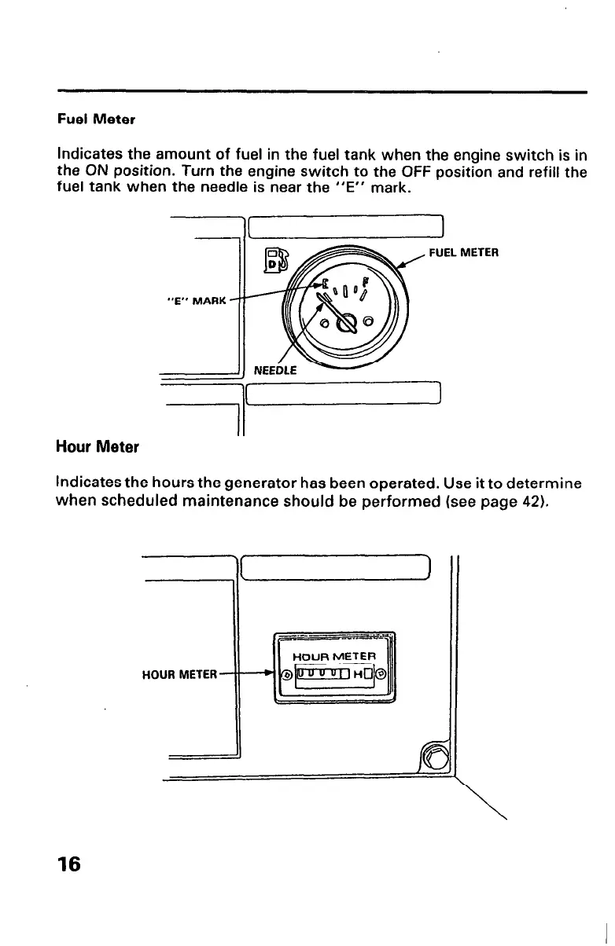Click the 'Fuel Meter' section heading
[x=96, y=119]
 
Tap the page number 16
[x=68, y=864]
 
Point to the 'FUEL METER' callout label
[x=464, y=253]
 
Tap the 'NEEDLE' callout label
[x=275, y=369]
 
